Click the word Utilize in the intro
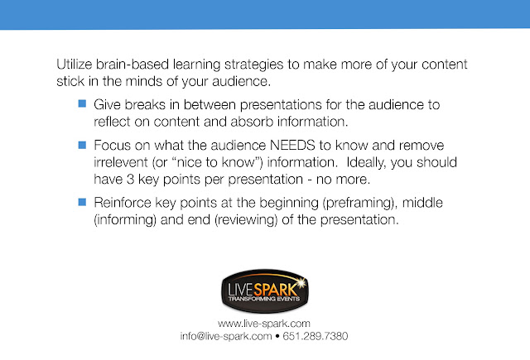coord(74,65)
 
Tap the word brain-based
coord(132,65)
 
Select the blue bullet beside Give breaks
coord(82,103)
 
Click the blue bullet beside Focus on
coord(82,145)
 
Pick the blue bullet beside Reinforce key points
coord(82,202)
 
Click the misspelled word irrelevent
coord(121,162)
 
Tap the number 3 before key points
coord(131,180)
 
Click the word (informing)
coord(125,220)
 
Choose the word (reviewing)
coord(246,220)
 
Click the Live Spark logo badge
coord(265,290)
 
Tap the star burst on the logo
coord(300,283)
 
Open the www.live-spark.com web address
coord(264,324)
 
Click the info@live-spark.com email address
coord(226,336)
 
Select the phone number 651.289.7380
coord(315,336)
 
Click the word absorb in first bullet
coord(252,122)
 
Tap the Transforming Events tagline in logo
coord(264,299)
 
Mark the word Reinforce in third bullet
coord(123,203)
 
